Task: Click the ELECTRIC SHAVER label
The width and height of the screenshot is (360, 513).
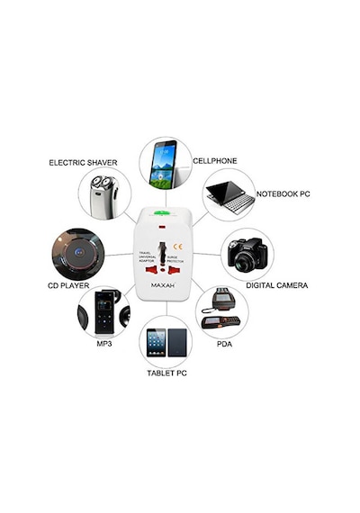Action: pos(83,163)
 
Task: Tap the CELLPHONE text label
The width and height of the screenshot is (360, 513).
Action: pos(215,160)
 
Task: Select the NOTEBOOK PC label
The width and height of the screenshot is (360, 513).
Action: pos(283,193)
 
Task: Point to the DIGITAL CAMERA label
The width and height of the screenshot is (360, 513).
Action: pos(277,285)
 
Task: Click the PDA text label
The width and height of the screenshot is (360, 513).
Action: pos(224,344)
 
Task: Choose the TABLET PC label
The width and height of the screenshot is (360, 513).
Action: pos(166,373)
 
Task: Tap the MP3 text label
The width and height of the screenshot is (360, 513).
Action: pos(104,344)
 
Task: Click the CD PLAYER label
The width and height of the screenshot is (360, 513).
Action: pos(68,285)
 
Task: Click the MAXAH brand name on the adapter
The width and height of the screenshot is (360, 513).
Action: pos(163,285)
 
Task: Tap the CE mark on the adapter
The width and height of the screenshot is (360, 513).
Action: pos(178,247)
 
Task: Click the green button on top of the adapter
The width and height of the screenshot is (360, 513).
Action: pos(161,212)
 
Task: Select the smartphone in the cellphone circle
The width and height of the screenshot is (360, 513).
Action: pos(163,164)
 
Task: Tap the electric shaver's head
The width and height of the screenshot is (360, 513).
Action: pos(103,182)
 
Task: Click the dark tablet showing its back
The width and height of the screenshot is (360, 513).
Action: pos(177,343)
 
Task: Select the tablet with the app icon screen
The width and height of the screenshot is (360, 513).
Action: pos(156,343)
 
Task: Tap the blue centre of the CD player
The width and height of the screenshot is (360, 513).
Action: pos(78,252)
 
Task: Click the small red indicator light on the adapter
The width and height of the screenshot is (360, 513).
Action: pos(162,227)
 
